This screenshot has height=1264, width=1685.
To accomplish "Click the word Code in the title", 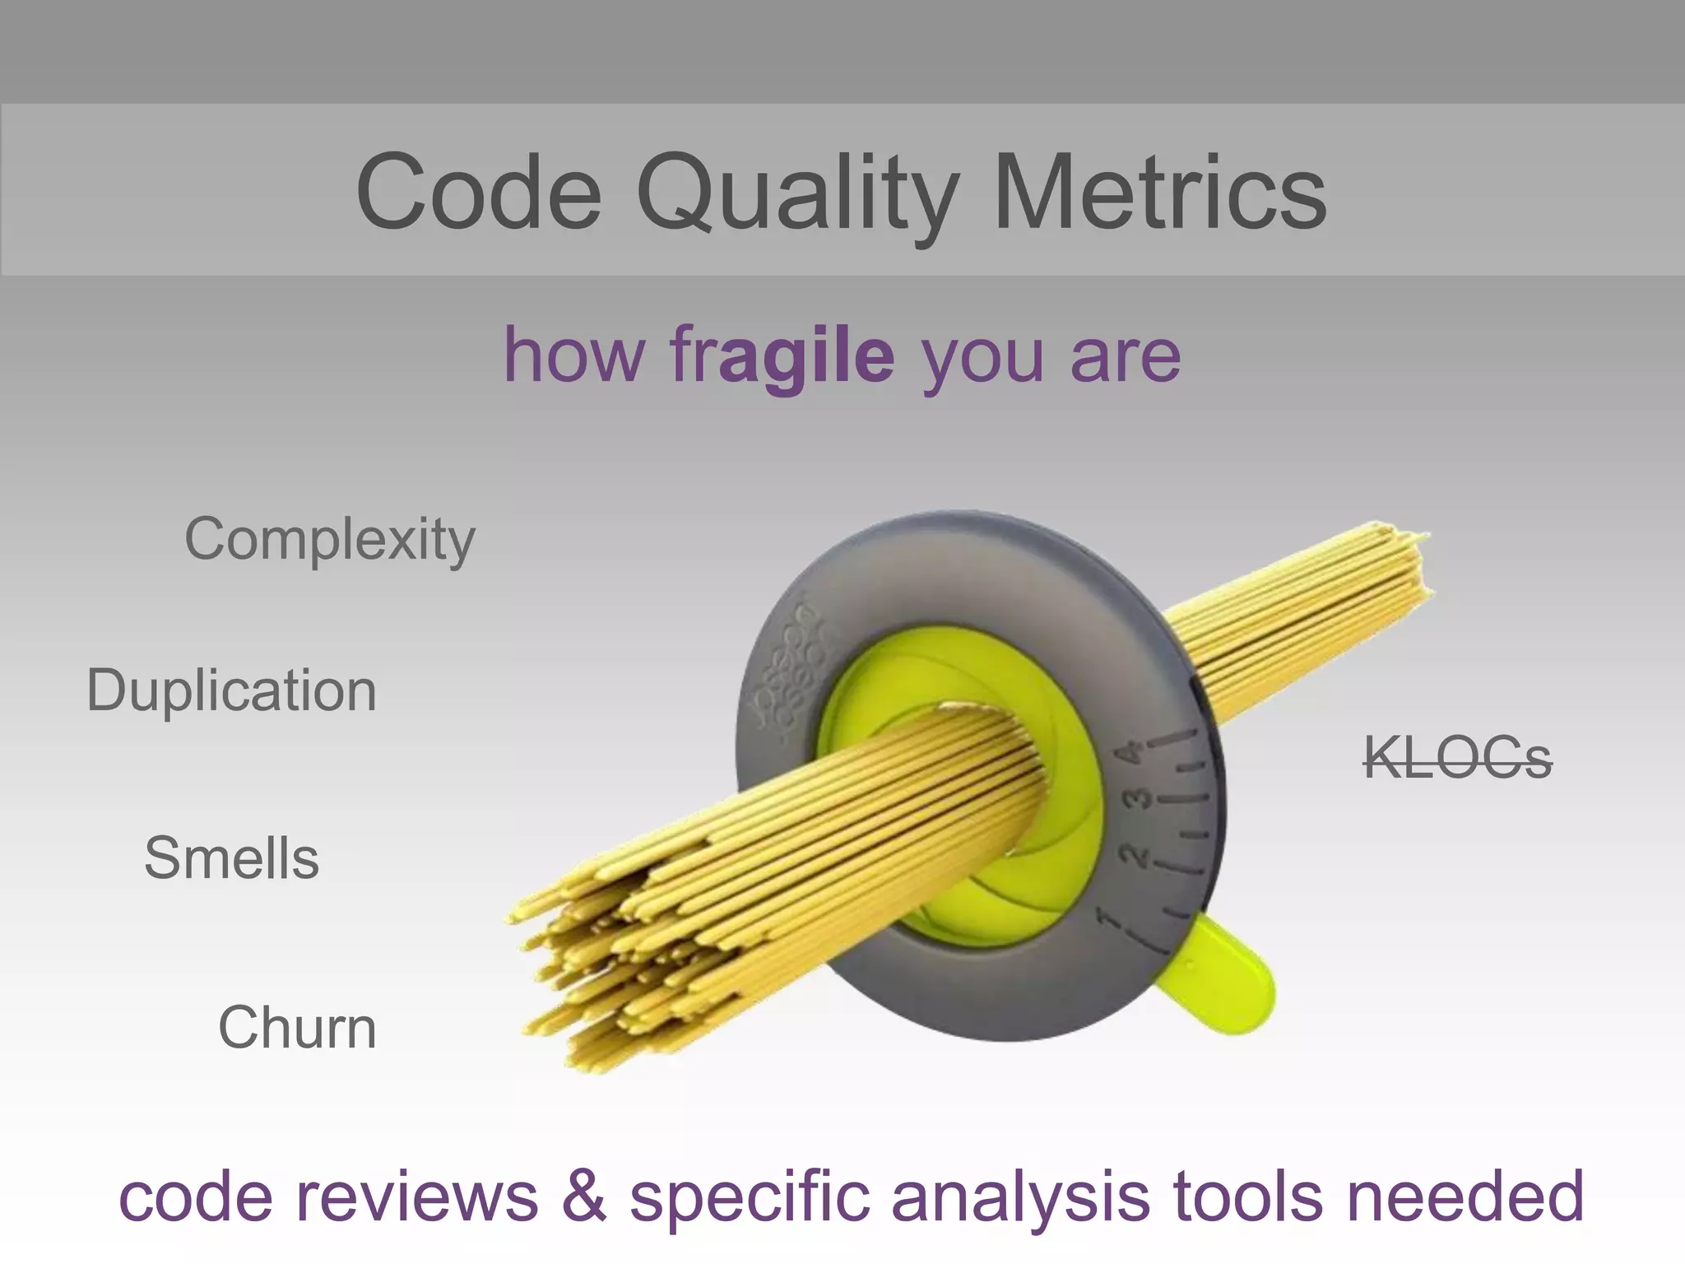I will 479,193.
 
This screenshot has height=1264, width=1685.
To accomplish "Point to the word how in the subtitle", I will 573,355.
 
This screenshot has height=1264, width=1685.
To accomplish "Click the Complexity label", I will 330,541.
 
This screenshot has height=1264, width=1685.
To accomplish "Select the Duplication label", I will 232,690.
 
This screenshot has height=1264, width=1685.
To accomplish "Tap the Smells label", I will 232,858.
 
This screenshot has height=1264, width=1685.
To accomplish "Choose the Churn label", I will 297,1028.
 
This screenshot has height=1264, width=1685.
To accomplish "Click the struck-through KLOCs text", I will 1457,758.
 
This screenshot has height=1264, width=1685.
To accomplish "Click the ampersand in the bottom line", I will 584,1197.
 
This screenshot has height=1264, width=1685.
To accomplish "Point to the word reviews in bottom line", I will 416,1197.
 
